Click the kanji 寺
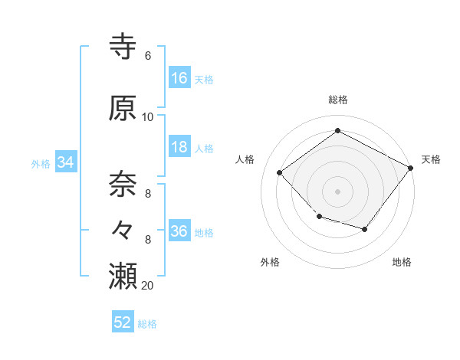pos(124,47)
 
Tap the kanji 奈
pos(124,183)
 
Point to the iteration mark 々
pos(124,229)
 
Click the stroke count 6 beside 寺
pos(147,56)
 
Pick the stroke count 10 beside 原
pos(148,116)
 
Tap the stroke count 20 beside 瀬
pos(148,285)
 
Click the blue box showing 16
pos(179,78)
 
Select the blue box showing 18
pos(179,148)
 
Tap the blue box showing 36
pos(179,232)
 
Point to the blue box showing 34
pos(65,162)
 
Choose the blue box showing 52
pos(123,322)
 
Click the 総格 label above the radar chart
pos(338,100)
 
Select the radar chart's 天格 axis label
pos(432,159)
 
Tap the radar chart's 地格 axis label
pos(402,262)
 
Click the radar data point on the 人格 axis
pos(280,173)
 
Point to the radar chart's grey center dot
pos(338,191)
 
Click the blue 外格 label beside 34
pos(41,163)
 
